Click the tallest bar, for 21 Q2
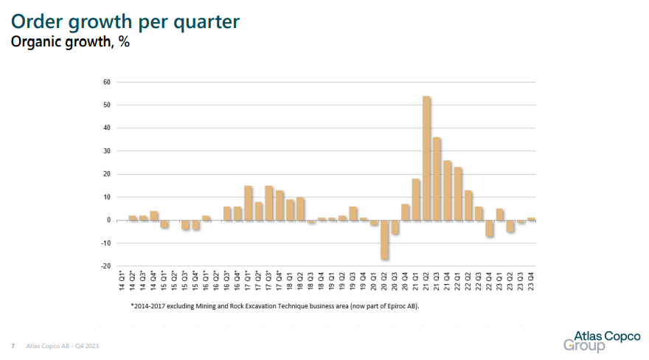426,158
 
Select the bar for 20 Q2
384,240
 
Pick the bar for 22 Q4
489,228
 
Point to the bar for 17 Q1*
248,203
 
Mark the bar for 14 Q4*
153,215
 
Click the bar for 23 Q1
499,214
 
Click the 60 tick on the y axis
107,82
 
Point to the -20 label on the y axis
105,266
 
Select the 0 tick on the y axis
108,220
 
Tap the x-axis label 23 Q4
531,283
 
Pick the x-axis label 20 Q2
384,283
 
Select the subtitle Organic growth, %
69,42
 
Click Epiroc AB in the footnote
399,305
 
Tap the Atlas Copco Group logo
601,341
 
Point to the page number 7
13,345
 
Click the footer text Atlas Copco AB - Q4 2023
62,345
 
